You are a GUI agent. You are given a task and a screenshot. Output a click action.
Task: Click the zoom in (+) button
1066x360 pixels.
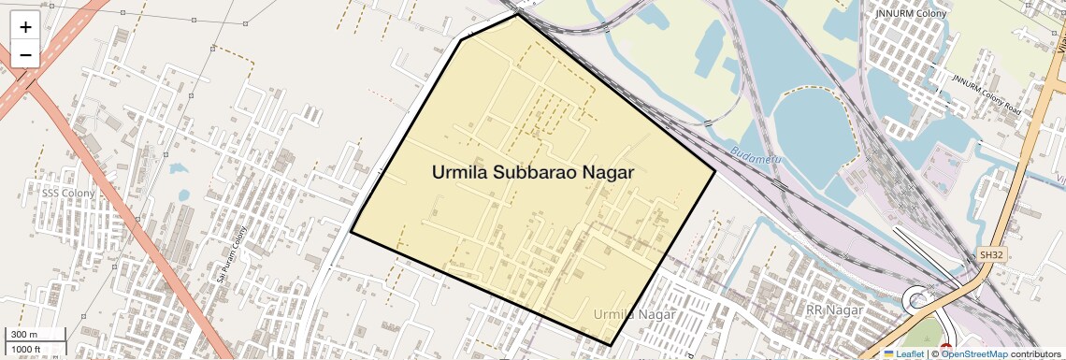click(25, 27)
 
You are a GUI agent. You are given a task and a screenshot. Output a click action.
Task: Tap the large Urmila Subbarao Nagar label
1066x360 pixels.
click(533, 172)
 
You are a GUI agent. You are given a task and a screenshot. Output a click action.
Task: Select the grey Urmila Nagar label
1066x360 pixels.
click(634, 314)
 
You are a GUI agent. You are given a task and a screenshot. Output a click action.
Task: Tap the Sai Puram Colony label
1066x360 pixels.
click(231, 254)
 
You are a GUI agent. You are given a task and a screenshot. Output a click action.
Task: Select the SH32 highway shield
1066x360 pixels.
click(990, 254)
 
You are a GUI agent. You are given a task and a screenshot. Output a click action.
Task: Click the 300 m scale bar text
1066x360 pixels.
click(24, 335)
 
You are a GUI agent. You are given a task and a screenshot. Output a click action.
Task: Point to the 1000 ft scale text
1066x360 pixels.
click(26, 349)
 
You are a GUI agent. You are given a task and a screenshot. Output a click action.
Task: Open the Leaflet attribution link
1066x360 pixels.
click(903, 353)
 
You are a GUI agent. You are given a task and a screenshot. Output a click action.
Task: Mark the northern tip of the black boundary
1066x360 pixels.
click(517, 14)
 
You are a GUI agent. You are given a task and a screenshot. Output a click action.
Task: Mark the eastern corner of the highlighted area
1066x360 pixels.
click(715, 170)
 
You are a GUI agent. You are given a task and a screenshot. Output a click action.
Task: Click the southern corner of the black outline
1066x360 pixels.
click(610, 345)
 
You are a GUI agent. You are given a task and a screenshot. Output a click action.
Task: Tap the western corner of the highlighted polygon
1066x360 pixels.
click(352, 232)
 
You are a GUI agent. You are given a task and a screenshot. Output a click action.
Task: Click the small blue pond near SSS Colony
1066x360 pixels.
click(182, 195)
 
